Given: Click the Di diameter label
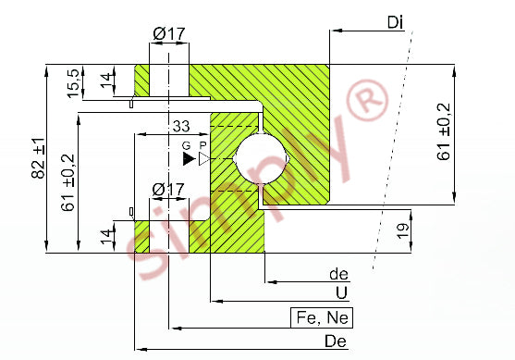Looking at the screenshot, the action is click(395, 22).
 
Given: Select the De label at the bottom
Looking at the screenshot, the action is click(336, 341).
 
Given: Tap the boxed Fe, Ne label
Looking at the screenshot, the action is click(322, 318).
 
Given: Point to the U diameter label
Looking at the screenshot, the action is click(341, 292).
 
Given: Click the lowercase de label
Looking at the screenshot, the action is click(338, 274).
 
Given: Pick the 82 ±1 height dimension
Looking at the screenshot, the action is click(39, 158).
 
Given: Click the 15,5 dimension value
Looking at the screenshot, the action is click(73, 83).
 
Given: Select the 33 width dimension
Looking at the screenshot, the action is click(181, 126).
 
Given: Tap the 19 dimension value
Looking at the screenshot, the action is click(402, 231).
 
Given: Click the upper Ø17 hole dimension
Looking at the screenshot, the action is click(169, 33).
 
